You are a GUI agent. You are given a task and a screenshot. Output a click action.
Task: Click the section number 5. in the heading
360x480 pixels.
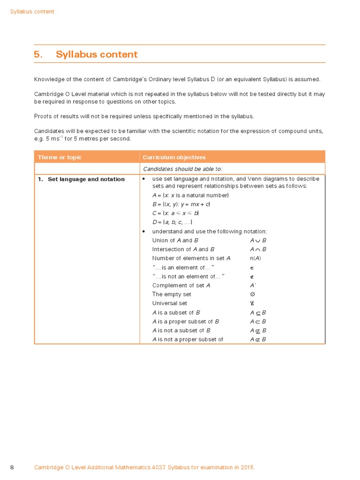[x=38, y=54]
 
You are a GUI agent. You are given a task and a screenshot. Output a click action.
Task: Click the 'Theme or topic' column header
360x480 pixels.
[x=60, y=157]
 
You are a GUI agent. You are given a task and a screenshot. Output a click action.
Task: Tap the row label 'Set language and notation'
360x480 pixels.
[x=86, y=179]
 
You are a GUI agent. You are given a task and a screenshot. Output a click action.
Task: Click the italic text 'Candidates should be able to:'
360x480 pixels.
[x=182, y=169]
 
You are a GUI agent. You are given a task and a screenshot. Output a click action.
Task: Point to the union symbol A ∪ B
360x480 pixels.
[x=258, y=240]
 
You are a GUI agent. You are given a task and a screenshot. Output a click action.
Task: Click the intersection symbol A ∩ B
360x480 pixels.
[x=258, y=249]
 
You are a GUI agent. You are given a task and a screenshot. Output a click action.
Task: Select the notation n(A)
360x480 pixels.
[x=255, y=258]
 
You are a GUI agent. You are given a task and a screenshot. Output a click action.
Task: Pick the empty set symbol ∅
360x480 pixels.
[x=252, y=294]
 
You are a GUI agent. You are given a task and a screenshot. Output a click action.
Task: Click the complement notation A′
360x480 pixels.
[x=253, y=285]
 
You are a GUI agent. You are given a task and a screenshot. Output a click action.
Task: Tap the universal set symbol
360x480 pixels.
[x=252, y=303]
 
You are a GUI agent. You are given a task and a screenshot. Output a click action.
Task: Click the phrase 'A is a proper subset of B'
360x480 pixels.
[x=186, y=322]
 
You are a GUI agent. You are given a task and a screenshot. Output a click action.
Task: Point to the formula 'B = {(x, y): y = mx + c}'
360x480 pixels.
[x=181, y=204]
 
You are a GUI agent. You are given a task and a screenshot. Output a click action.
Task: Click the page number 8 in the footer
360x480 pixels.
[x=12, y=467]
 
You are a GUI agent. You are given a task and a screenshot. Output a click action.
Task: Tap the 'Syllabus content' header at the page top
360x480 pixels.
[x=32, y=12]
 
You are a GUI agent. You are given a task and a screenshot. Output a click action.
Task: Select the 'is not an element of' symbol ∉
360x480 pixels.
[x=252, y=277]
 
